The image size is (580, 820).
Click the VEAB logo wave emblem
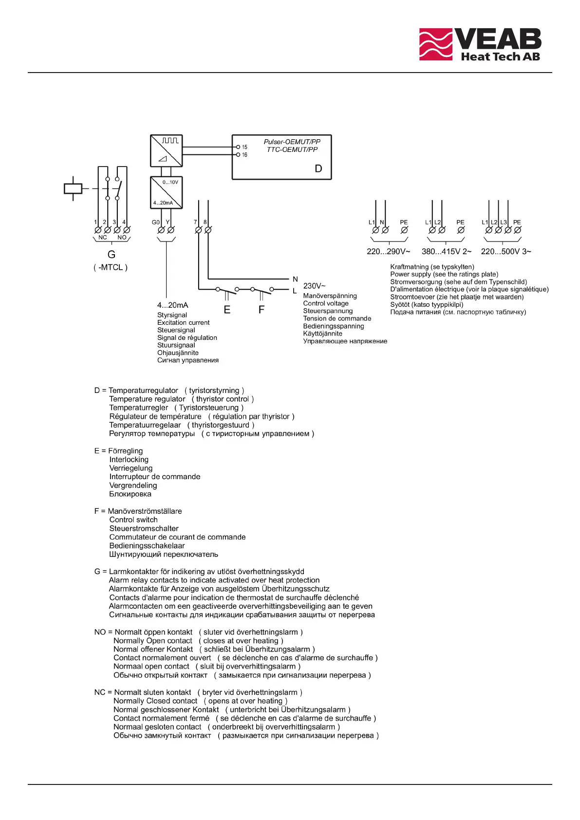coord(436,44)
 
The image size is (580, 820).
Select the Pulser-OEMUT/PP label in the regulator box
coord(292,142)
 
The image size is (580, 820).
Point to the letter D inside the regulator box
coord(318,168)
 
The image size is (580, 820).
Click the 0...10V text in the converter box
coord(170,182)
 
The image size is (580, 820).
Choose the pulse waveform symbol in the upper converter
coord(170,141)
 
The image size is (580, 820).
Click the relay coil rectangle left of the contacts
coord(73,188)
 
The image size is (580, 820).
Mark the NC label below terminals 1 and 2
coord(102,238)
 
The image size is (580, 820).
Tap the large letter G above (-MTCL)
coord(112,255)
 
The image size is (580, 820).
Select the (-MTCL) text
coord(111,267)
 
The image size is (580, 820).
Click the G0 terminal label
coord(156,222)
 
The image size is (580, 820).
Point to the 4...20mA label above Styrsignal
coord(172,305)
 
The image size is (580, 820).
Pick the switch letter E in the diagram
coord(227,310)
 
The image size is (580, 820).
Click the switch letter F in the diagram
coord(262,310)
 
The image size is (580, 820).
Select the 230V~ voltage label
coord(315,286)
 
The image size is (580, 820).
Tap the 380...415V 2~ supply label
coord(447,252)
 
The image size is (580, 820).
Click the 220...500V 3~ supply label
coord(506,252)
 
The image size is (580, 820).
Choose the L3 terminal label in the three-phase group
coord(504,222)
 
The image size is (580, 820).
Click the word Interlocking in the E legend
coord(129,460)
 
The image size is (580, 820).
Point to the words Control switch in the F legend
coord(133,520)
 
